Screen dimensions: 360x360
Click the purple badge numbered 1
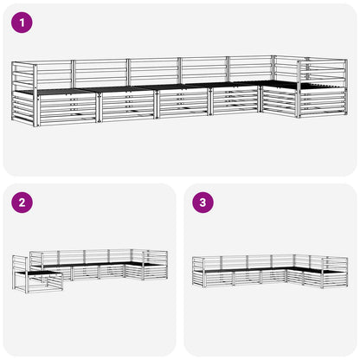(22, 22)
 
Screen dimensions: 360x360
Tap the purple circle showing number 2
(22, 202)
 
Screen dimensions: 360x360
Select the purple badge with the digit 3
(203, 202)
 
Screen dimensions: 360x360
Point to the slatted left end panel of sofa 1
(23, 93)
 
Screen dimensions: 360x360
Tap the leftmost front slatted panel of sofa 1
(67, 109)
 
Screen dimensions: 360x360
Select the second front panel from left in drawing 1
(127, 106)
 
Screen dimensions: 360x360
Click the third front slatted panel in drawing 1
(183, 103)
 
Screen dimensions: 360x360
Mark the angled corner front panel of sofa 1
(280, 101)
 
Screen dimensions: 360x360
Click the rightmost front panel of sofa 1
(323, 103)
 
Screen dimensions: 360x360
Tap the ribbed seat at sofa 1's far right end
(323, 87)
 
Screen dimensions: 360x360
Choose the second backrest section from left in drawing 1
(100, 73)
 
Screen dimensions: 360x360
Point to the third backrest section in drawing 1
(154, 72)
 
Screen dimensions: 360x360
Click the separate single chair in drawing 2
(37, 274)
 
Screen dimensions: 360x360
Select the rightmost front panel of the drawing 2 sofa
(155, 272)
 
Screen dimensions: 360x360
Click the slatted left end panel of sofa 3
(198, 272)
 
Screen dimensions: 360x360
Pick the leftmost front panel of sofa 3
(219, 279)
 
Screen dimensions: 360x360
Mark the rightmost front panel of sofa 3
(334, 280)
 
